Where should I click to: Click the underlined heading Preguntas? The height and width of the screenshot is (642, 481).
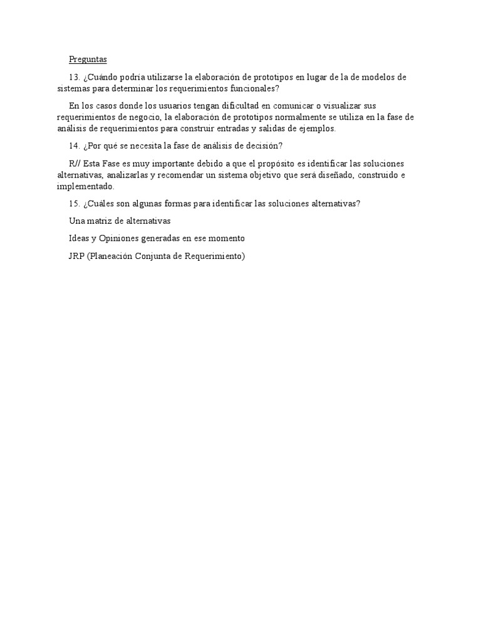tap(88, 60)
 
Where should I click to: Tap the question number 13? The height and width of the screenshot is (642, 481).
tap(75, 77)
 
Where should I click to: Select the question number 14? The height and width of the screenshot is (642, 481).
tap(75, 146)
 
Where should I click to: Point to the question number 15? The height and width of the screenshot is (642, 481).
tap(75, 204)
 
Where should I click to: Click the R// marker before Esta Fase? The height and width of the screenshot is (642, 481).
tap(76, 164)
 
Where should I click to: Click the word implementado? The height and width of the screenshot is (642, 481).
tap(86, 186)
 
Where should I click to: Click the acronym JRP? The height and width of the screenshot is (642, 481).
tap(76, 256)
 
